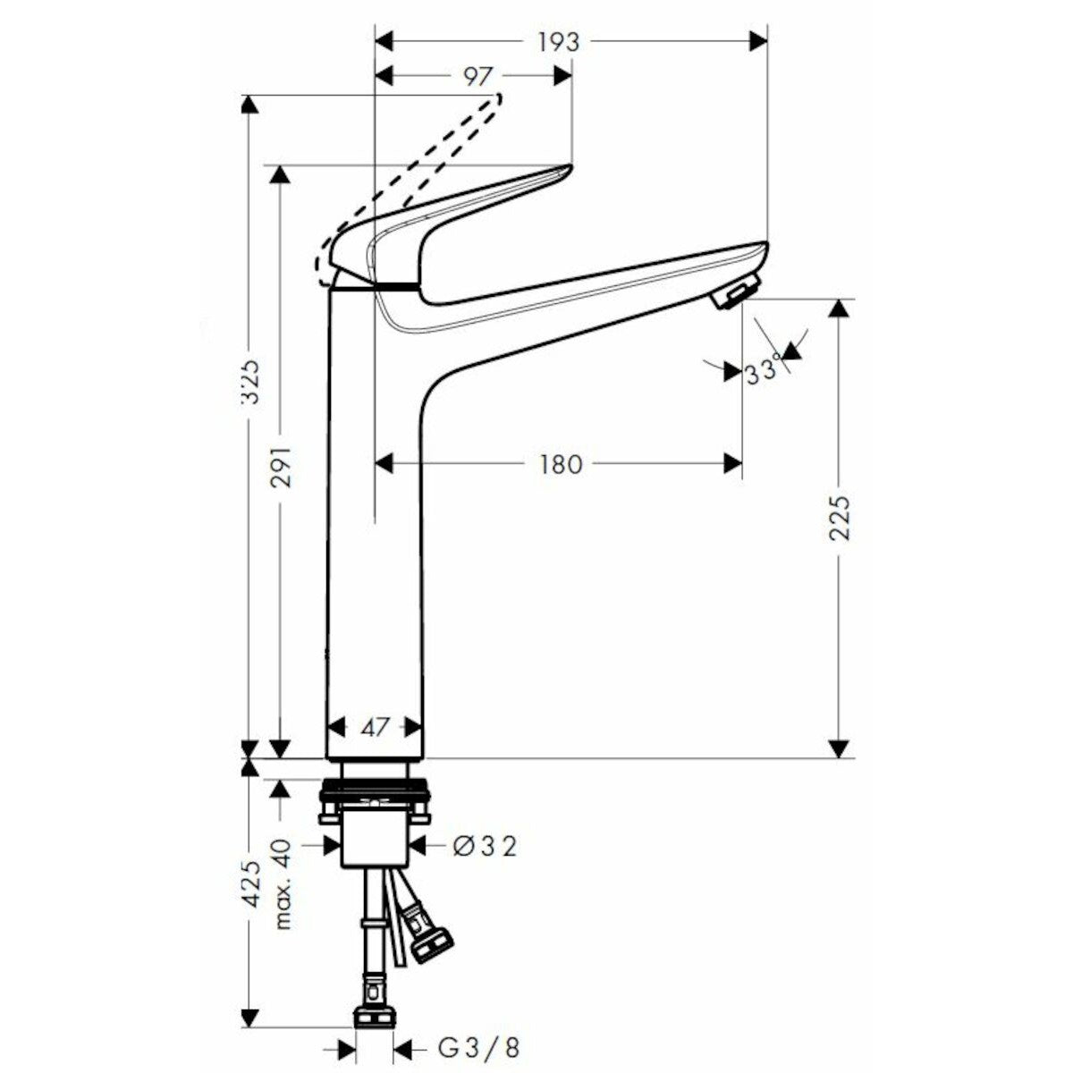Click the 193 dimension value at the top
click(560, 41)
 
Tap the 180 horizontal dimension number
click(560, 463)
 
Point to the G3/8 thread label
click(479, 1047)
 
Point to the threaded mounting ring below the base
click(376, 790)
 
